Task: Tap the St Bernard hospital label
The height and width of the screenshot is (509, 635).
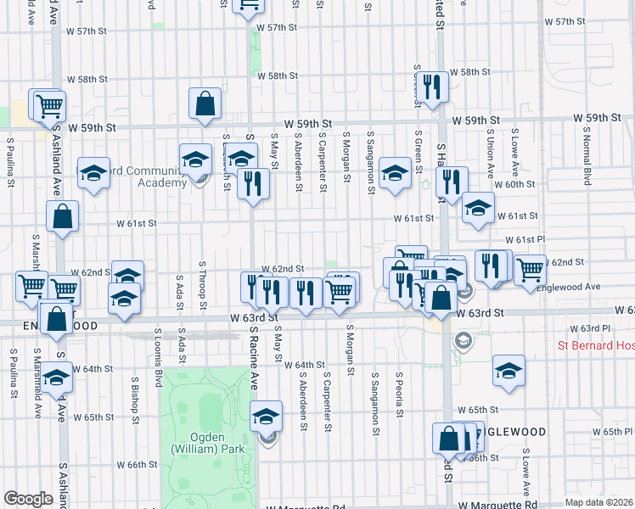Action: pyautogui.click(x=595, y=345)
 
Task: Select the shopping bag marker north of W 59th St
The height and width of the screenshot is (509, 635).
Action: pyautogui.click(x=205, y=105)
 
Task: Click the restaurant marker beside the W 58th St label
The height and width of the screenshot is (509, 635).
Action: pyautogui.click(x=433, y=87)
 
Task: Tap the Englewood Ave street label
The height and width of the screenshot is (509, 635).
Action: pyautogui.click(x=569, y=287)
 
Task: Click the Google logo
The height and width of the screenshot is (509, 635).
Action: pyautogui.click(x=28, y=499)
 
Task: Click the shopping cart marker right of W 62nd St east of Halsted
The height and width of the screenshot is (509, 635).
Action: pyautogui.click(x=530, y=270)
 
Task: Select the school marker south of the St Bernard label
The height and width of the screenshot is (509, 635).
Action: pyautogui.click(x=509, y=371)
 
